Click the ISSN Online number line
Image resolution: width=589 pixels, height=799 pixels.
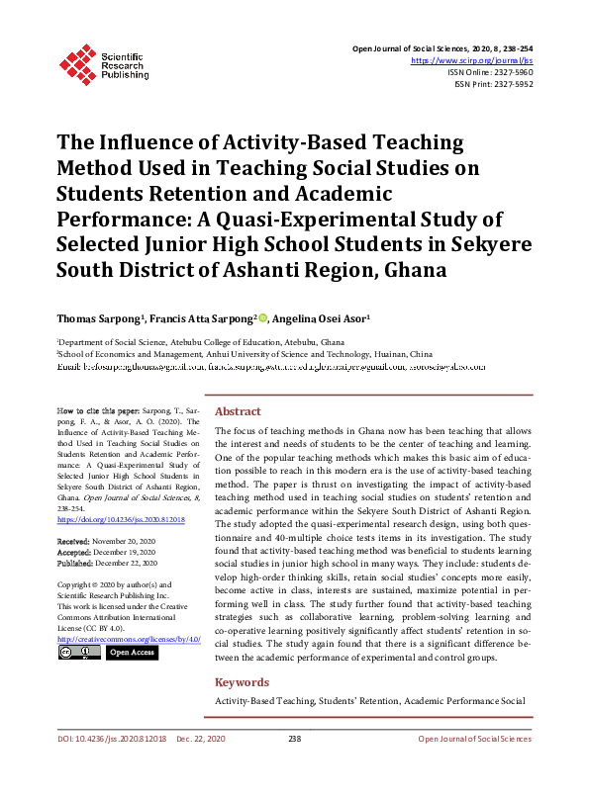click(491, 73)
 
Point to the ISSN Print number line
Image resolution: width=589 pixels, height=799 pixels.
click(494, 85)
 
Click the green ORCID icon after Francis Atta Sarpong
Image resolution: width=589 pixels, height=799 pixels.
click(264, 318)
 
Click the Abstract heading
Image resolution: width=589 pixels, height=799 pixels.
click(238, 411)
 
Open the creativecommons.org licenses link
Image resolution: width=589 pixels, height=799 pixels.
click(129, 638)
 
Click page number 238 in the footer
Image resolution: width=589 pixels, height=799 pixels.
click(294, 739)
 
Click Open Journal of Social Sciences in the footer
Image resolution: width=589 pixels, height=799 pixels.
click(474, 739)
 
